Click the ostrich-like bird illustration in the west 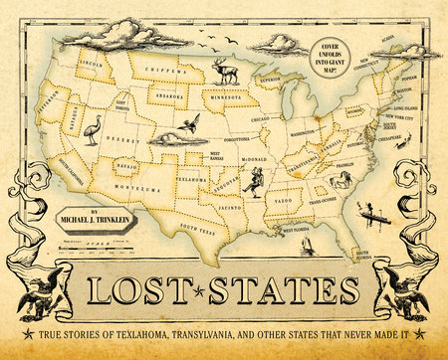click(93, 129)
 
